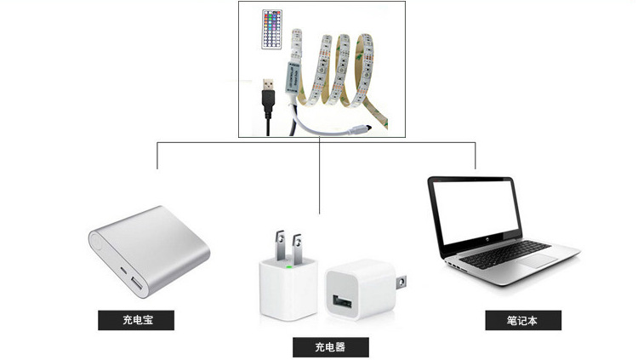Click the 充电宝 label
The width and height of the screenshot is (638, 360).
coord(136,321)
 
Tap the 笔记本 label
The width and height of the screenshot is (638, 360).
coord(523,321)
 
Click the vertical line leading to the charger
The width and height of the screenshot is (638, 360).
coord(319,179)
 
